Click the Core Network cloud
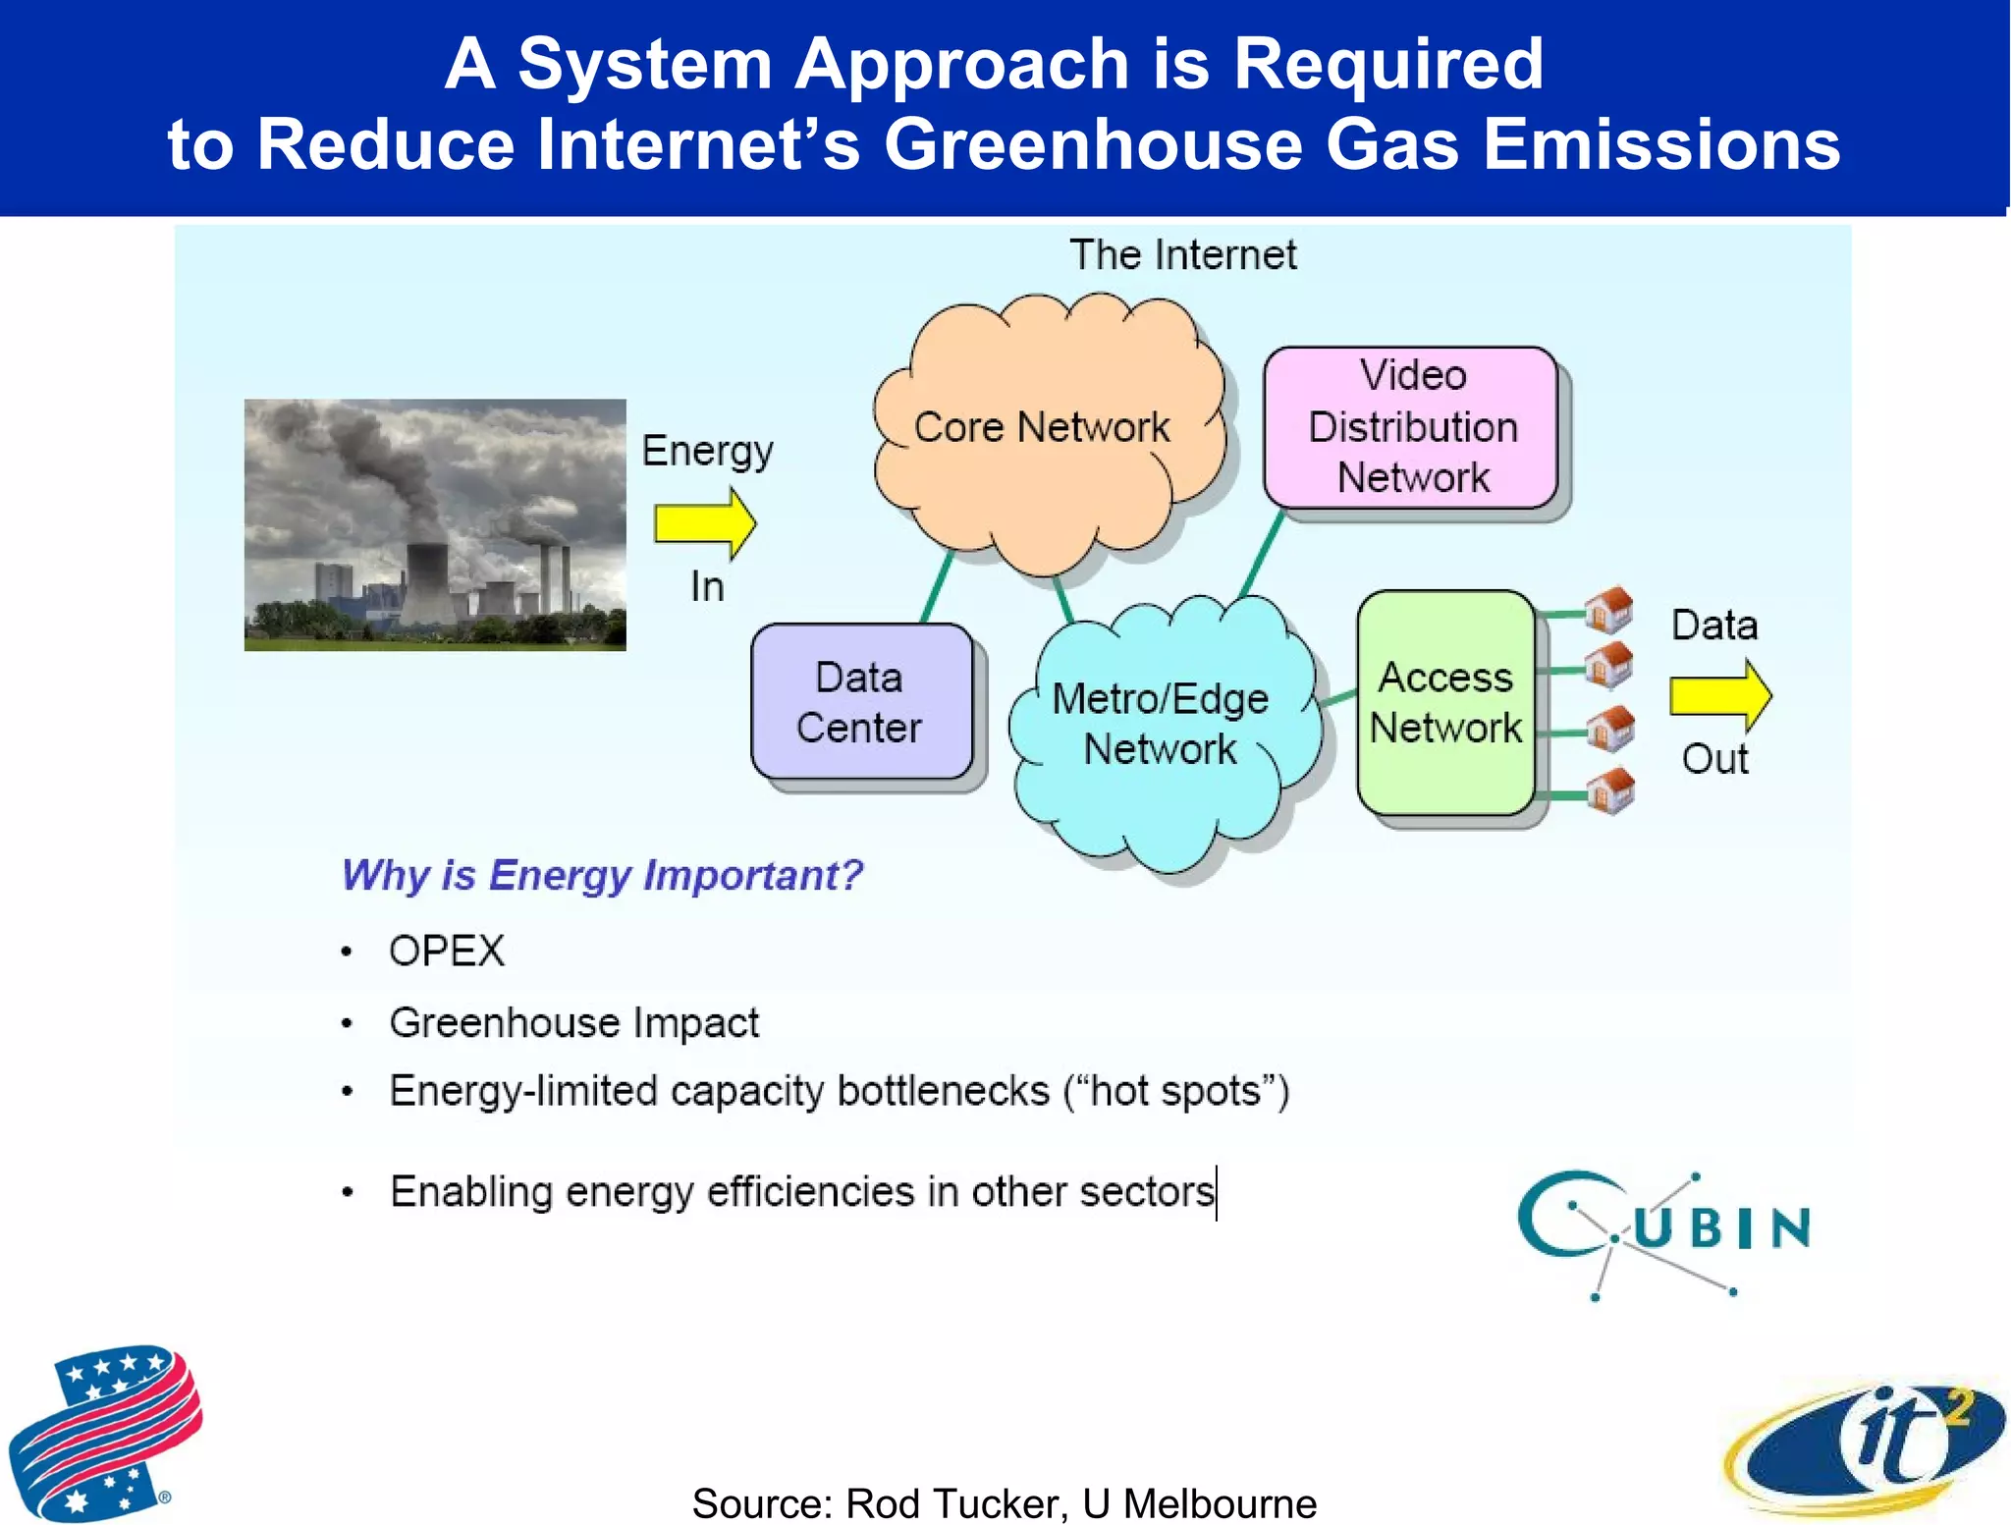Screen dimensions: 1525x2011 pyautogui.click(x=1046, y=432)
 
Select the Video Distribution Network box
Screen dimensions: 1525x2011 pyautogui.click(x=1411, y=427)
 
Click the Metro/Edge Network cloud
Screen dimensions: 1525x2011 pyautogui.click(x=1161, y=727)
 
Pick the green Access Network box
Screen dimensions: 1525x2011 pyautogui.click(x=1444, y=703)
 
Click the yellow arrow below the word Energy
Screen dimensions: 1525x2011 pyautogui.click(x=704, y=523)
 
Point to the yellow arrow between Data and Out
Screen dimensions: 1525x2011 pyautogui.click(x=1719, y=695)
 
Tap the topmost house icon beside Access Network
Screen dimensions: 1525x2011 pyautogui.click(x=1609, y=610)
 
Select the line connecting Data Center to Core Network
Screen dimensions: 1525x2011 pyautogui.click(x=937, y=587)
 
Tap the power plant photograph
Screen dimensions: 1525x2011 pyautogui.click(x=435, y=524)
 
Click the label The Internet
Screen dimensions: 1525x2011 pyautogui.click(x=1182, y=255)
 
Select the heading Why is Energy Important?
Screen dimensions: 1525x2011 pyautogui.click(x=602, y=875)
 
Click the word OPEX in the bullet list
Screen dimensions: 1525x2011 pyautogui.click(x=447, y=951)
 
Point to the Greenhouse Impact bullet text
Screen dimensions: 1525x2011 pyautogui.click(x=574, y=1023)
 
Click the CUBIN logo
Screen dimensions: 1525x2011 pyautogui.click(x=1663, y=1230)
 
